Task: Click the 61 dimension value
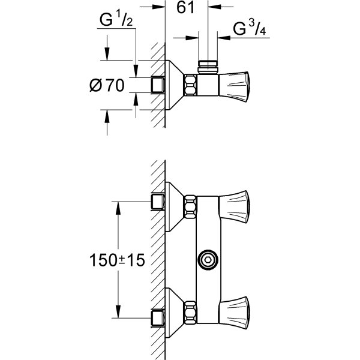coord(185,7)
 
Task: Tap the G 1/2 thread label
coord(116,19)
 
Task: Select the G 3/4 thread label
coord(250,28)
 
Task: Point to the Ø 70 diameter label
coord(107,85)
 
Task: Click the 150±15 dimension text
coord(117,260)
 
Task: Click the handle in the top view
coord(234,87)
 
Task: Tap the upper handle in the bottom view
coord(234,206)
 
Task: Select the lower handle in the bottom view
coord(234,313)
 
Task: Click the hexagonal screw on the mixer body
coord(208,260)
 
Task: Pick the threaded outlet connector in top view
coord(208,67)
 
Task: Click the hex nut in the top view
coord(191,85)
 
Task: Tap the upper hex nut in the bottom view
coord(191,206)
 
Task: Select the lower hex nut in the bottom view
coord(191,313)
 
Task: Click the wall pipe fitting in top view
coord(158,85)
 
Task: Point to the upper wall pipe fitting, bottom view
coord(158,202)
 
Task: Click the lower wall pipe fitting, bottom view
coord(158,318)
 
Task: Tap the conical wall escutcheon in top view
coord(175,85)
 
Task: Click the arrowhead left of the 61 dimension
coord(158,7)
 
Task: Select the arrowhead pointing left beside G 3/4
coord(224,38)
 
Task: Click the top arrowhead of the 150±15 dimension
coord(118,208)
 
